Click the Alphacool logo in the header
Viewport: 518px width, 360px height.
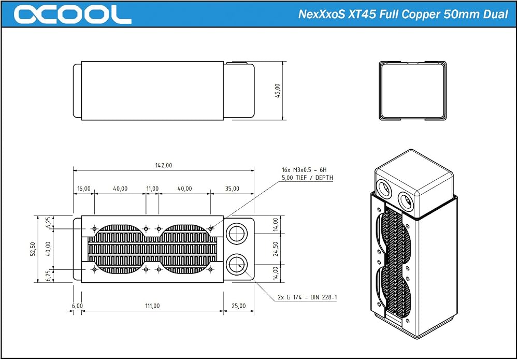73,15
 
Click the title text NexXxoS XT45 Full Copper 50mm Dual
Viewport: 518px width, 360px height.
403,15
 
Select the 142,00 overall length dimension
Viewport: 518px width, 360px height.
164,165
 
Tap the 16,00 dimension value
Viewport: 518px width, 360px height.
84,188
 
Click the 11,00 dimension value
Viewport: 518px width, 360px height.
152,188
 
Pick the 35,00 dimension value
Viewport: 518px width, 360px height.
232,188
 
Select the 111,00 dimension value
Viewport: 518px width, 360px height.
152,306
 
